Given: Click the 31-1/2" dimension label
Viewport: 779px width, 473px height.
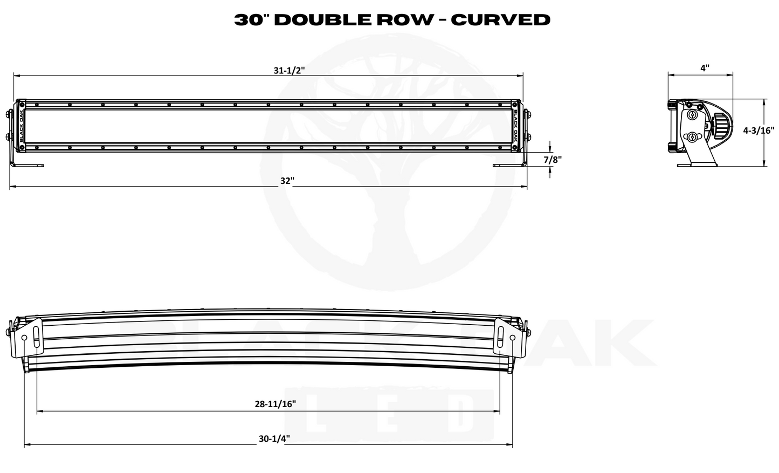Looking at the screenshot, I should coord(289,71).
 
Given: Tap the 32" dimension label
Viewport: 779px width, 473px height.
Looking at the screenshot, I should coord(287,181).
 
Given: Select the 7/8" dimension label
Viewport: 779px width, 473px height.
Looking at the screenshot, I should coord(553,160).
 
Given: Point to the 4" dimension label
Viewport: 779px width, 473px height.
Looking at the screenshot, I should coord(705,68).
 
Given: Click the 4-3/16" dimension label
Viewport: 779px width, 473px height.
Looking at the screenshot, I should coord(759,130).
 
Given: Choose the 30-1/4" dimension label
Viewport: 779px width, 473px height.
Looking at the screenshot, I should coord(274,438).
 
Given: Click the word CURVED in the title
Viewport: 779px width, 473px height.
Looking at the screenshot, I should coord(500,20).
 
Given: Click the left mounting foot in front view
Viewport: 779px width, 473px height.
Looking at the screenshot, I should coord(29,166).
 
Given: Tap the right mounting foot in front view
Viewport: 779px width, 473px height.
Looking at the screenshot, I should coord(509,166).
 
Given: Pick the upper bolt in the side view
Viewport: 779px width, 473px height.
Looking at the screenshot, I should coord(691,114).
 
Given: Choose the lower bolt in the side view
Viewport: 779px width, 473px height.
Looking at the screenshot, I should coord(692,136).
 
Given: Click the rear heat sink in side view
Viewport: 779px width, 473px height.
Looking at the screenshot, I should coord(721,126).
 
